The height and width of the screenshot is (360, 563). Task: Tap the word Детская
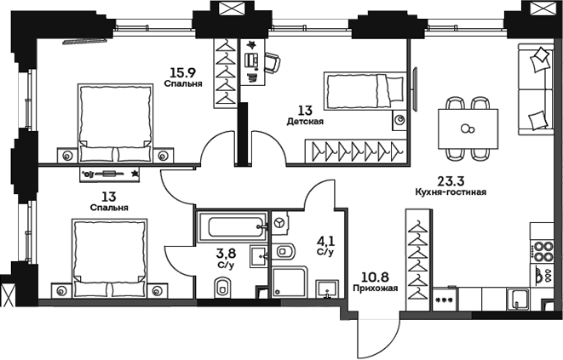point(304,122)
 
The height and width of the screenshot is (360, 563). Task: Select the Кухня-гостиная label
point(451,192)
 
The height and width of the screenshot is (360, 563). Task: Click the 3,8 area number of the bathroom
point(226,253)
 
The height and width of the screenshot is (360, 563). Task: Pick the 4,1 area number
point(324,241)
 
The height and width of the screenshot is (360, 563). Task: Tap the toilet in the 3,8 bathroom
point(223,289)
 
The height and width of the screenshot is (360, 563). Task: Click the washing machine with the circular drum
point(281,223)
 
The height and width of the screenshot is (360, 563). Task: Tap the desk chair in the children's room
point(272,61)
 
